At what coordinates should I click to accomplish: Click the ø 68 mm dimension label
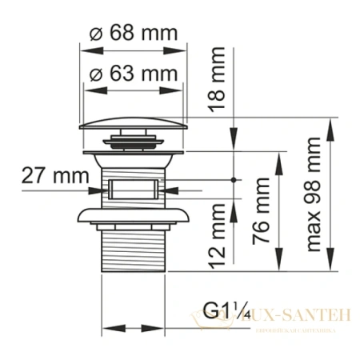(133, 35)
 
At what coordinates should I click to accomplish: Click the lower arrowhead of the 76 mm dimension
(278, 266)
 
